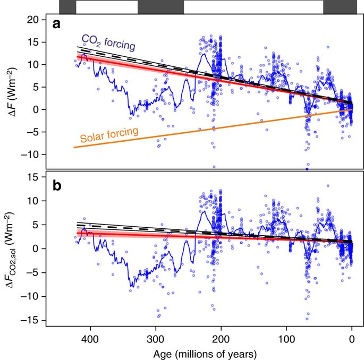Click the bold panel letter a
pyautogui.click(x=56, y=24)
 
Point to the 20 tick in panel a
pyautogui.click(x=33, y=20)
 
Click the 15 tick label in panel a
pyautogui.click(x=33, y=42)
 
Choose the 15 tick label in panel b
pyautogui.click(x=33, y=177)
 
